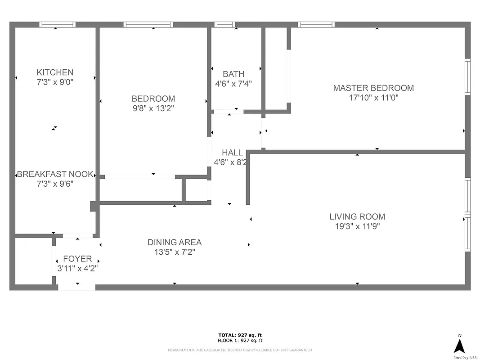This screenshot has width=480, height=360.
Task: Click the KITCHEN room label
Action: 55,72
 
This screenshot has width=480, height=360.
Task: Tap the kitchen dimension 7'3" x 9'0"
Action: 55,82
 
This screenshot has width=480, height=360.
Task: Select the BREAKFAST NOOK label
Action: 55,174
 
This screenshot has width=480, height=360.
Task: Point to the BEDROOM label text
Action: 153,99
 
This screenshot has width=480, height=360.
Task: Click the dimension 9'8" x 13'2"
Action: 153,108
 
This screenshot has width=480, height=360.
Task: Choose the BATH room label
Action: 233,74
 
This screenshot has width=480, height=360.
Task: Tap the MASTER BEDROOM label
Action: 373,88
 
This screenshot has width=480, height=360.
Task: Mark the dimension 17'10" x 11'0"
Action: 373,98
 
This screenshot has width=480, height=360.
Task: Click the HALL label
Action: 232,153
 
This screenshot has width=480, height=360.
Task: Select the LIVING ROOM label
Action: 357,216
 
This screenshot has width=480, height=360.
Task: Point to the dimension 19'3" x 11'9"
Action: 357,226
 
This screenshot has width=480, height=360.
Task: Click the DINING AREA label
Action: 175,243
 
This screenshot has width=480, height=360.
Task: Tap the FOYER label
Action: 77,259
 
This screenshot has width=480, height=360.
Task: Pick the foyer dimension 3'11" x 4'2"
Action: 77,269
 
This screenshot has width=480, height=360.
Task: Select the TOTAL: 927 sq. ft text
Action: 240,335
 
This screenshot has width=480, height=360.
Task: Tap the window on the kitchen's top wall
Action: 57,25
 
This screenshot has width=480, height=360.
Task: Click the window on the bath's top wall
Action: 224,25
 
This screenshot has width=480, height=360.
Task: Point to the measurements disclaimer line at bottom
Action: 240,350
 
